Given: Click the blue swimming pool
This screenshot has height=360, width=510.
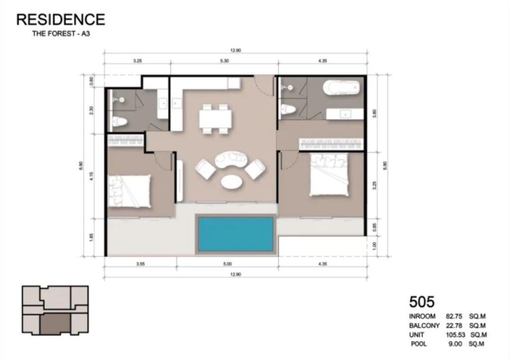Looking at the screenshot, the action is (236, 234).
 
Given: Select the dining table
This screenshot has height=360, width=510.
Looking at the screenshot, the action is (215, 119).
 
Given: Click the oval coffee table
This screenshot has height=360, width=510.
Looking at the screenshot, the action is (231, 181).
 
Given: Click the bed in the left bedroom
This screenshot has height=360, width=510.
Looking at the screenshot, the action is (129, 191).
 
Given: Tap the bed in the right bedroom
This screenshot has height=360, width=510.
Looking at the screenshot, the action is (329, 174).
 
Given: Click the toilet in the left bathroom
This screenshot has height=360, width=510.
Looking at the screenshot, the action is (120, 122).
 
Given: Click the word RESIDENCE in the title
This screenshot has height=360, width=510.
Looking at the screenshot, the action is (61, 19).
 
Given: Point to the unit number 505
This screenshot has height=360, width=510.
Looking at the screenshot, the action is (422, 302).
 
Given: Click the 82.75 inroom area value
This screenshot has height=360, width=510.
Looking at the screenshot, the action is (454, 316).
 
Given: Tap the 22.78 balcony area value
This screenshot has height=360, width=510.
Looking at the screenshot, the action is (454, 326).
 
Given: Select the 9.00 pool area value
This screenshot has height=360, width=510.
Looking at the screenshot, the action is (455, 344).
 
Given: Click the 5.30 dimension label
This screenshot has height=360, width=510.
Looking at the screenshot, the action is (225, 61).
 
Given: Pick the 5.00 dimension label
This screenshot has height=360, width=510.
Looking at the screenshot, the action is (227, 264).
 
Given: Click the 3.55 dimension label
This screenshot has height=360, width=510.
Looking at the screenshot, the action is (140, 264).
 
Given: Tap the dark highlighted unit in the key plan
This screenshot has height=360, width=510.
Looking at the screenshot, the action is (55, 324).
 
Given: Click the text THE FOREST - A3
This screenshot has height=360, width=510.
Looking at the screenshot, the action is (61, 33).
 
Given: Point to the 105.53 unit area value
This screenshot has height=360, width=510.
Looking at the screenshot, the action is (456, 335).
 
